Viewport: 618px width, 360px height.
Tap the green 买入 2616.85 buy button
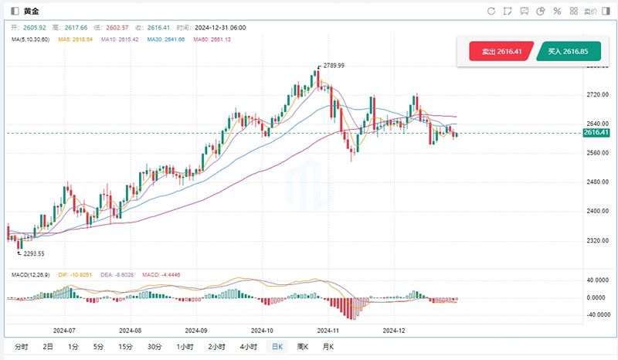(568, 53)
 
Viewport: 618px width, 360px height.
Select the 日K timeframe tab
(276, 347)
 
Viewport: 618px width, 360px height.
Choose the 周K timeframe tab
(302, 347)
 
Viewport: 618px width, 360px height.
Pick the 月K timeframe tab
(328, 347)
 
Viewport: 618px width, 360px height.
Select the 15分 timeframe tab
(125, 347)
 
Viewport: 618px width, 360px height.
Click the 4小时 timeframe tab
(248, 347)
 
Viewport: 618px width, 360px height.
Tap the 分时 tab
(21, 347)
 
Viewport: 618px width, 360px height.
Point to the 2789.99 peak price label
(334, 66)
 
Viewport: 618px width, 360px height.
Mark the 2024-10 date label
(263, 330)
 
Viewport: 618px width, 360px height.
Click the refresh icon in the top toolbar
(491, 11)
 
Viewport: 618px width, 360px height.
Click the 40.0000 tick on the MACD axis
(596, 280)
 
